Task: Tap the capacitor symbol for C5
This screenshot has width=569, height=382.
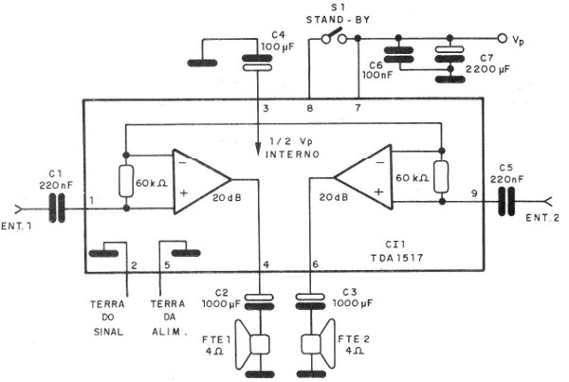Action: (508, 201)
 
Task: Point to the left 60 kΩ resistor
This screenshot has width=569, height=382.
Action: (126, 180)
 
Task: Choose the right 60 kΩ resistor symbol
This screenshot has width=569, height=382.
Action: (441, 176)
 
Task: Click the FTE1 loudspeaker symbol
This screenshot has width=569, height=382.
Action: (254, 350)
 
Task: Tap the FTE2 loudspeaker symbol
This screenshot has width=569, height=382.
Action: (314, 350)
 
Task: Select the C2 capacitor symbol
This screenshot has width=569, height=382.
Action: (260, 301)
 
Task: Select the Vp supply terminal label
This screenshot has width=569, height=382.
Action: (518, 41)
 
